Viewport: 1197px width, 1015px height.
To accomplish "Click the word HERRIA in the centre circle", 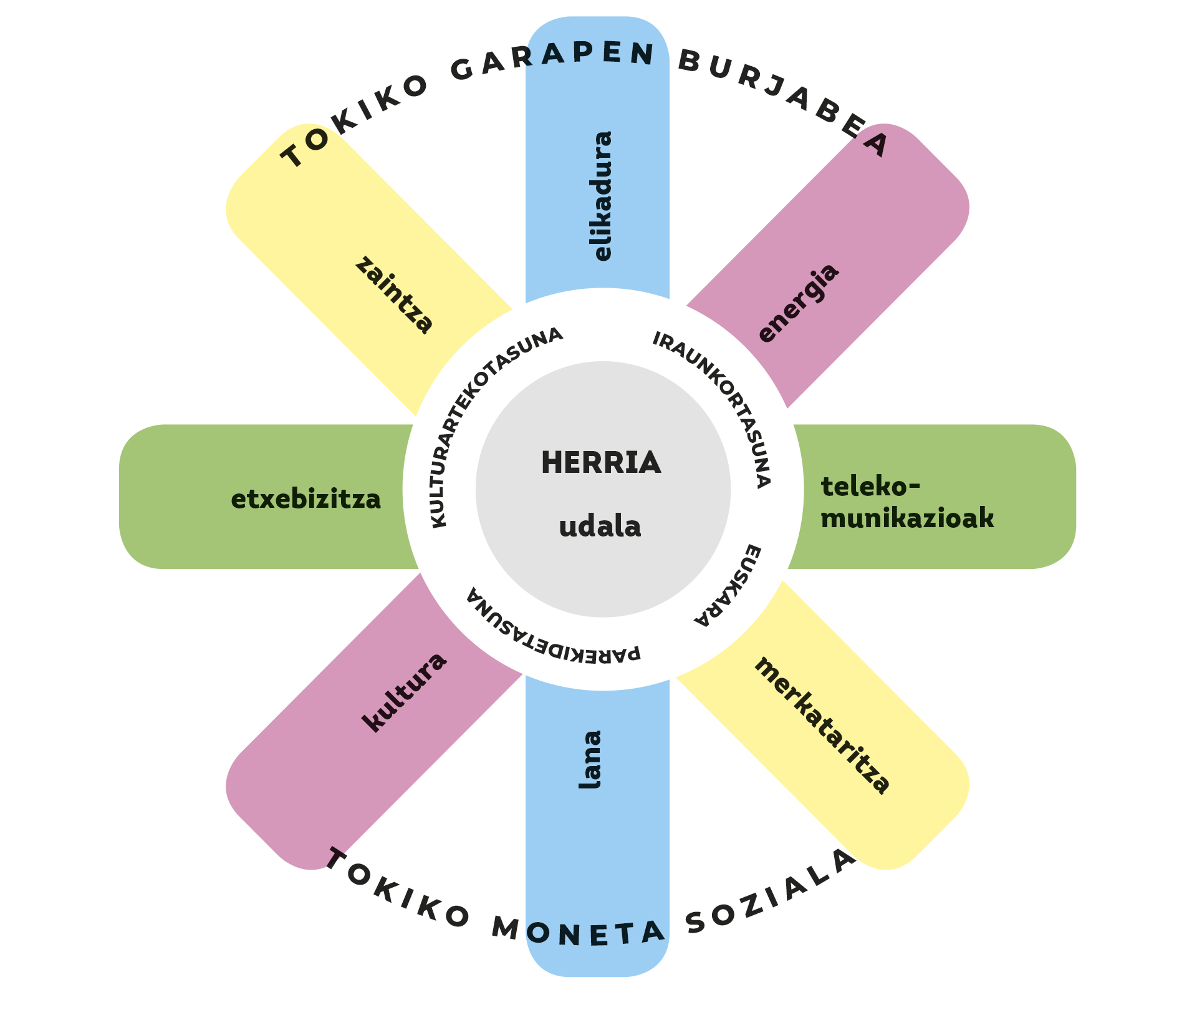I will click(600, 463).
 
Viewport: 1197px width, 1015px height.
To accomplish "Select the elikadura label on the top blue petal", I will click(602, 196).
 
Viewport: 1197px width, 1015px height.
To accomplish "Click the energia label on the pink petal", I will click(799, 303).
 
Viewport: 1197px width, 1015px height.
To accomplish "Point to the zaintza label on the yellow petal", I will click(394, 295).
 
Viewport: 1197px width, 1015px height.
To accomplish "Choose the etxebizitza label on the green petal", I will click(305, 500).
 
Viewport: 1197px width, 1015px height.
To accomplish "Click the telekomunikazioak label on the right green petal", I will click(906, 502).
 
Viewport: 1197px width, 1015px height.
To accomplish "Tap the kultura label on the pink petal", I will click(405, 692).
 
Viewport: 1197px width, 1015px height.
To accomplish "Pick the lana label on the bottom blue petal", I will click(590, 759).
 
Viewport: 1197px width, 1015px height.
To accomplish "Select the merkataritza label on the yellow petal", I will click(822, 726).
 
